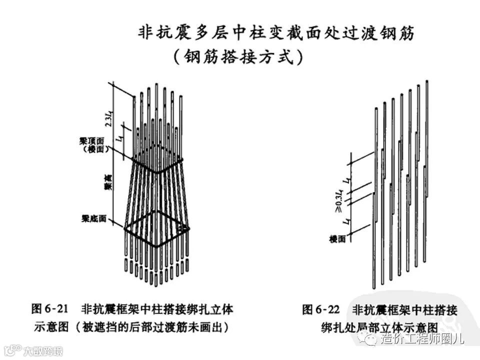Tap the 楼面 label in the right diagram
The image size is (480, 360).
[x=337, y=239]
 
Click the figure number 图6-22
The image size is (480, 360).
[x=322, y=310]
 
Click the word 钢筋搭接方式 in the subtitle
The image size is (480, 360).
[x=237, y=56]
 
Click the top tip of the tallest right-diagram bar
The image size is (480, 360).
[x=427, y=81]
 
